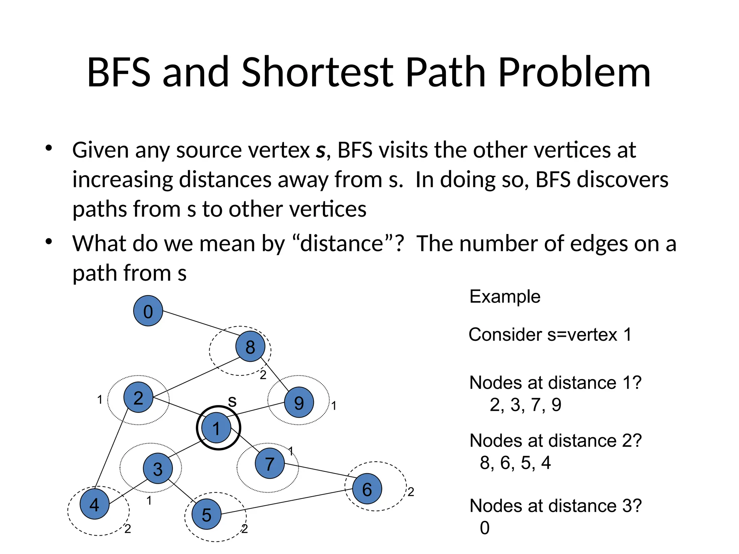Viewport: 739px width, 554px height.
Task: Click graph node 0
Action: [148, 311]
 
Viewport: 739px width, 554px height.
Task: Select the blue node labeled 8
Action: [250, 347]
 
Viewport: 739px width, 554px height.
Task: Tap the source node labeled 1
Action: [216, 428]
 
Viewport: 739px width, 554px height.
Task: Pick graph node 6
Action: [367, 489]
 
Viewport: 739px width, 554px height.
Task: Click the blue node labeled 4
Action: [95, 504]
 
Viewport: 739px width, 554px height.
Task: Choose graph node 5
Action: [206, 514]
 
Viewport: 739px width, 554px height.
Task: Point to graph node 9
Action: [299, 402]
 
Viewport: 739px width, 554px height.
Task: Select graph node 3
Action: [158, 469]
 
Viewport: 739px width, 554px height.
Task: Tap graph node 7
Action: [270, 463]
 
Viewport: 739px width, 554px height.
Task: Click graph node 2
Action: [138, 397]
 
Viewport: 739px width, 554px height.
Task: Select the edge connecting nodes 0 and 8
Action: [198, 322]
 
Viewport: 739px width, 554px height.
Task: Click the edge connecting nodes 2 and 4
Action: [111, 449]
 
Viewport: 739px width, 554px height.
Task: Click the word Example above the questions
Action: [505, 297]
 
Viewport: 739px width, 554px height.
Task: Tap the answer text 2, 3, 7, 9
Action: [525, 405]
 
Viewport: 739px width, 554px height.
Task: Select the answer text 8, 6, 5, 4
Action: [515, 463]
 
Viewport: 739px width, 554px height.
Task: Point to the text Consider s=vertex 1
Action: [550, 335]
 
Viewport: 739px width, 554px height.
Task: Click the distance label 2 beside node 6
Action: [411, 492]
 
